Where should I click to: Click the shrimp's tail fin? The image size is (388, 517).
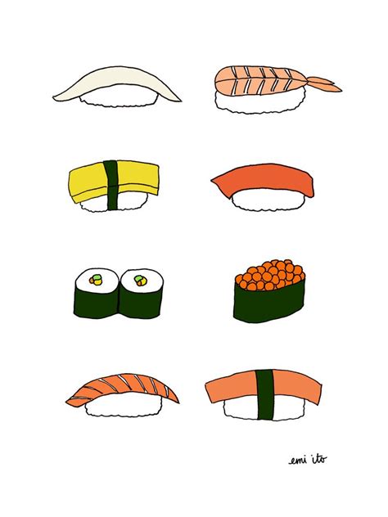(x=325, y=84)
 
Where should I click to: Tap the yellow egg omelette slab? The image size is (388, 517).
(x=89, y=183)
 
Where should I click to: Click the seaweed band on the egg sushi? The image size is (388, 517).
(x=112, y=185)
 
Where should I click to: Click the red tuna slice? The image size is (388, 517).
(x=264, y=180)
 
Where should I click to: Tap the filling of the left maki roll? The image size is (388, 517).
(x=96, y=281)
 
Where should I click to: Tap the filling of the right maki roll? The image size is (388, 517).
(x=140, y=281)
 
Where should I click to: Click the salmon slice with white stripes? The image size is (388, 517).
(x=122, y=389)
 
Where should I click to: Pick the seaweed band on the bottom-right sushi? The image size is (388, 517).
(x=264, y=394)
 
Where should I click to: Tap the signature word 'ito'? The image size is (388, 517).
(x=319, y=458)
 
